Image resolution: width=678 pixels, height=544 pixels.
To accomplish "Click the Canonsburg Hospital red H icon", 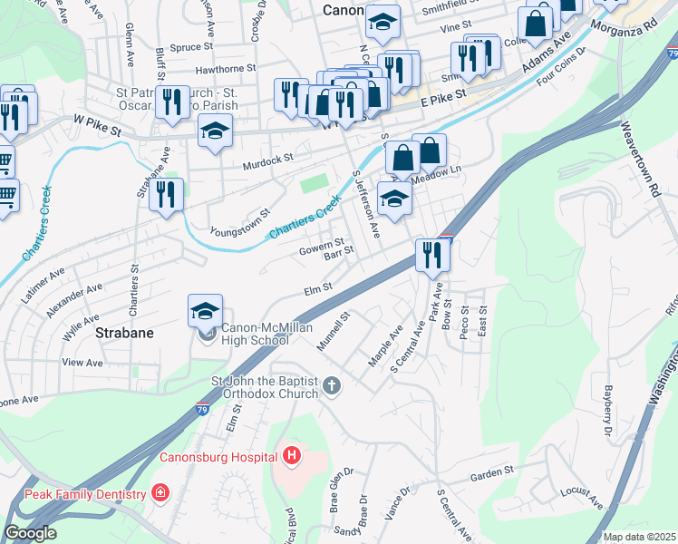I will click(291, 455).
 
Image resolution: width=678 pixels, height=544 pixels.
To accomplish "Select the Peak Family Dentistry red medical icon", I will click(160, 494).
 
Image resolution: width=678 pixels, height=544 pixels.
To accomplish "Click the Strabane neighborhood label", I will click(124, 333).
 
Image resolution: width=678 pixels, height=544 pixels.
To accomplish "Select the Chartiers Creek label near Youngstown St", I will click(305, 221).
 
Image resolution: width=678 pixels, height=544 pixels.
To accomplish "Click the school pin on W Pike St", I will click(216, 132).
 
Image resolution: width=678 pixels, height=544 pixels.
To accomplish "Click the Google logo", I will click(30, 533).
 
